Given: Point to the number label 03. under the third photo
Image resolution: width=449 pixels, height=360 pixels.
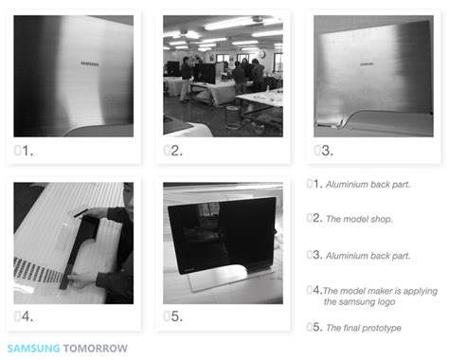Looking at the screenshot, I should coord(322,150).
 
